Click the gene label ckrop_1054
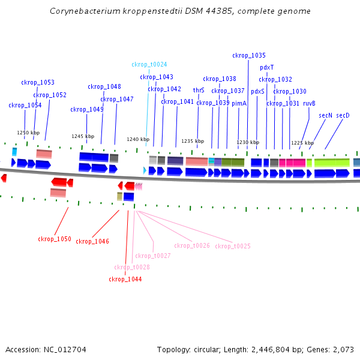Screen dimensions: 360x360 tap(25, 105)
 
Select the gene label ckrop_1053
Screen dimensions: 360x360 tap(38, 82)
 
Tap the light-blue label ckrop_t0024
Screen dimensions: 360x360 tap(149, 64)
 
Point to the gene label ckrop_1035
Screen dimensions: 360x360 tap(249, 55)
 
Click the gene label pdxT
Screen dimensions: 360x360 tap(267, 67)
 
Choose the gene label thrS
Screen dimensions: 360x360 tap(199, 90)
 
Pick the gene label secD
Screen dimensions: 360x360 tap(343, 115)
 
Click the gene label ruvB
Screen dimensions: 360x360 tap(309, 103)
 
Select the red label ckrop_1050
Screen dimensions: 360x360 tap(55, 239)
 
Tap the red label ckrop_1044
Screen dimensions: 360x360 tap(125, 279)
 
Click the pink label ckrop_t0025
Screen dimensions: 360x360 tap(233, 246)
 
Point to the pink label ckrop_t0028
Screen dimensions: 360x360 tap(132, 267)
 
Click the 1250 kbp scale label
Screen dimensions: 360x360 tap(28, 133)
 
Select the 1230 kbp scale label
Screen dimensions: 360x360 tap(248, 142)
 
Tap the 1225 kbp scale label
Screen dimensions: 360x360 tap(302, 143)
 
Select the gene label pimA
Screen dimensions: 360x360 tap(239, 103)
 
